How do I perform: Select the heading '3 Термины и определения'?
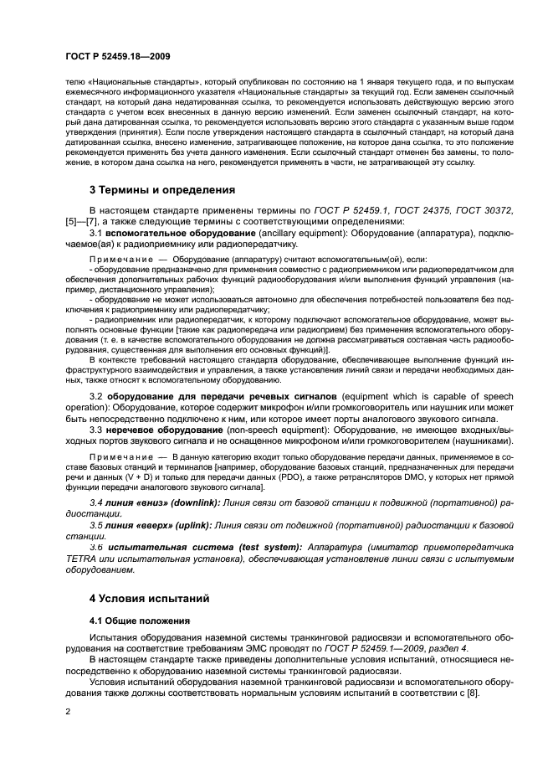pyautogui.click(x=161, y=189)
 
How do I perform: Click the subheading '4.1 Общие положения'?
pyautogui.click(x=136, y=621)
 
